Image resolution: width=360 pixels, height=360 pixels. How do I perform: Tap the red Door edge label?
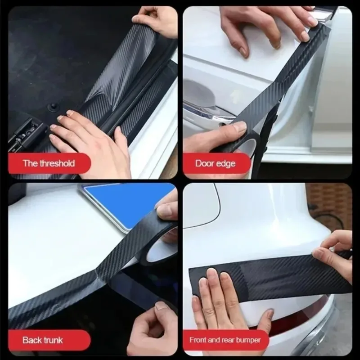click(x=215, y=163)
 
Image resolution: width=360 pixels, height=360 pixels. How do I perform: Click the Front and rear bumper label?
click(x=225, y=340)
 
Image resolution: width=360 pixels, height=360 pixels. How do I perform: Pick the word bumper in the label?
click(x=248, y=340)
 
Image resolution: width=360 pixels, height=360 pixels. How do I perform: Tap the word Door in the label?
click(x=204, y=163)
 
